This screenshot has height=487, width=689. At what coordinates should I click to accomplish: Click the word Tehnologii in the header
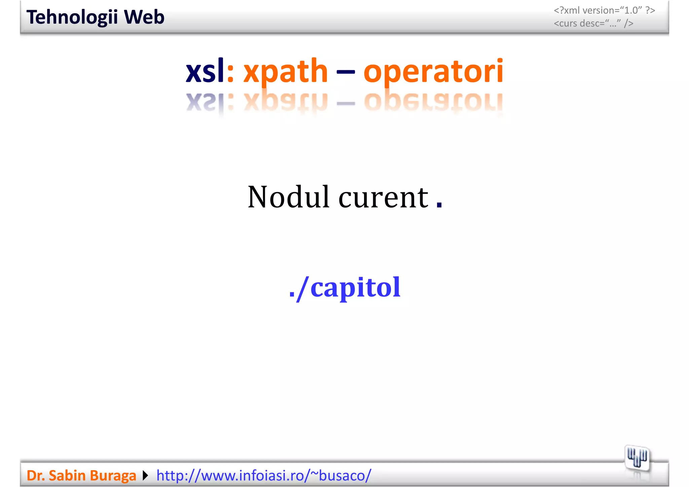pyautogui.click(x=72, y=17)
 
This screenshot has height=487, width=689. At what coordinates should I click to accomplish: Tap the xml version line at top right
pyautogui.click(x=604, y=10)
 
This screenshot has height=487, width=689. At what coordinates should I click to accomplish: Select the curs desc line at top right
pyautogui.click(x=593, y=24)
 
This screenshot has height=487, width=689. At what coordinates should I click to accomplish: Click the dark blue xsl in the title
pyautogui.click(x=205, y=71)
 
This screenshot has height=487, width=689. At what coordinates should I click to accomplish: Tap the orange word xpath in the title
pyautogui.click(x=285, y=71)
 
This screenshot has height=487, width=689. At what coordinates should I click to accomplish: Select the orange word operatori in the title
pyautogui.click(x=433, y=71)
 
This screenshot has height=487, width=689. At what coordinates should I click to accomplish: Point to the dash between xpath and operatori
pyautogui.click(x=346, y=72)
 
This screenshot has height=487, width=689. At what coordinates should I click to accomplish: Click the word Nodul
pyautogui.click(x=288, y=197)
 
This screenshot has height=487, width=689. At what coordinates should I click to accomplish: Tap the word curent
pyautogui.click(x=383, y=197)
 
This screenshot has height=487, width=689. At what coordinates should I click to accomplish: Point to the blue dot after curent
pyautogui.click(x=439, y=204)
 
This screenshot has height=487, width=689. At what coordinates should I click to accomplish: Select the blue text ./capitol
pyautogui.click(x=345, y=288)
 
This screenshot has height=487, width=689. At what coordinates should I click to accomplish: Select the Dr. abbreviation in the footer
pyautogui.click(x=35, y=476)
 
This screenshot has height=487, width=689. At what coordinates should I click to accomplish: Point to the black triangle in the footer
pyautogui.click(x=145, y=476)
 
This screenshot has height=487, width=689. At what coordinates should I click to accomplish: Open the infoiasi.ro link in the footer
pyautogui.click(x=263, y=476)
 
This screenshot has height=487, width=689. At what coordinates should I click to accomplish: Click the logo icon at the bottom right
pyautogui.click(x=637, y=458)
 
